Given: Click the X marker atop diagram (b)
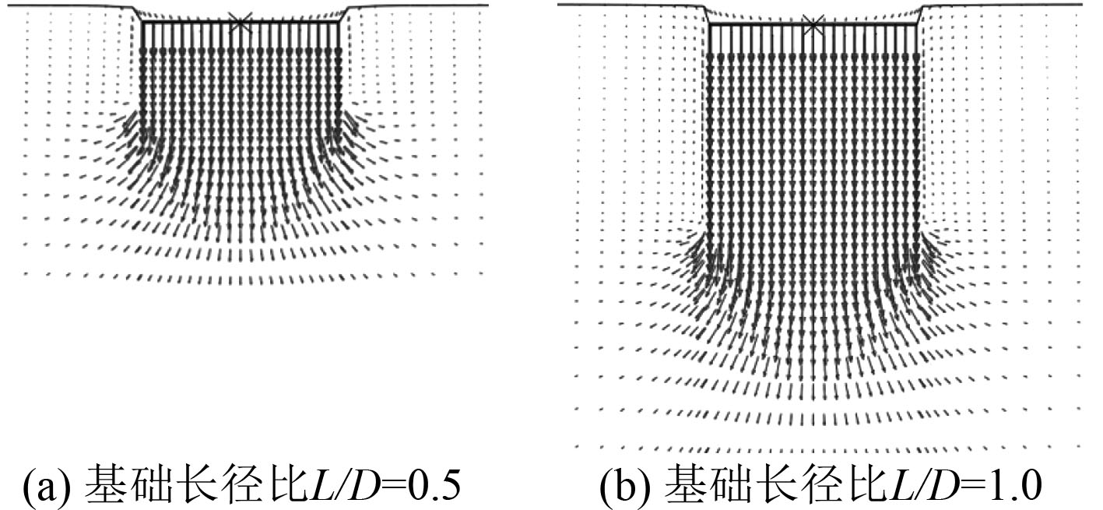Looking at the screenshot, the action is tap(813, 25).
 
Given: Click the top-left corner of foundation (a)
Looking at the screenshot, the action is tap(142, 23).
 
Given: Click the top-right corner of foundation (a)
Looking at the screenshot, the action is tap(340, 23).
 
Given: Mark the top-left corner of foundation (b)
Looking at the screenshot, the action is tap(708, 25).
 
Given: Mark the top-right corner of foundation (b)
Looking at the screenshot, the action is tap(919, 25).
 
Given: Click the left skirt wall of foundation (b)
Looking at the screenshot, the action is tap(708, 132).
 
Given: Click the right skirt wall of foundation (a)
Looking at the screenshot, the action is tap(340, 78).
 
